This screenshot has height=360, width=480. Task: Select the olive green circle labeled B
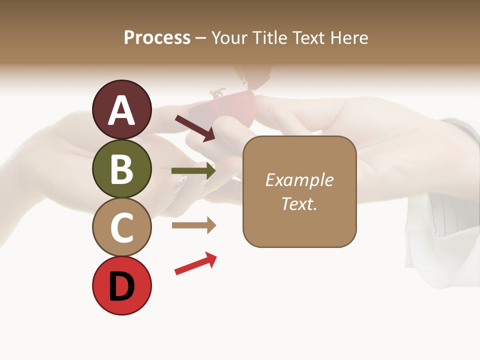pyautogui.click(x=121, y=168)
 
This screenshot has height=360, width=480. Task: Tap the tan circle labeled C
pyautogui.click(x=121, y=227)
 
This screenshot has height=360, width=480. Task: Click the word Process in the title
pyautogui.click(x=157, y=37)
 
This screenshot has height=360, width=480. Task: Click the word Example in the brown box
pyautogui.click(x=299, y=180)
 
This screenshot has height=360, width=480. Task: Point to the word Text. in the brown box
pyautogui.click(x=299, y=203)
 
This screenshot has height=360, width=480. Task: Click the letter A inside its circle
pyautogui.click(x=121, y=110)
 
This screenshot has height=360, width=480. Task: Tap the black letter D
pyautogui.click(x=121, y=287)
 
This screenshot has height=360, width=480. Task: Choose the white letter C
pyautogui.click(x=121, y=227)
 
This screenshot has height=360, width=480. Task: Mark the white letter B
pyautogui.click(x=121, y=169)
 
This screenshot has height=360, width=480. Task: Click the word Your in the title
pyautogui.click(x=229, y=37)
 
